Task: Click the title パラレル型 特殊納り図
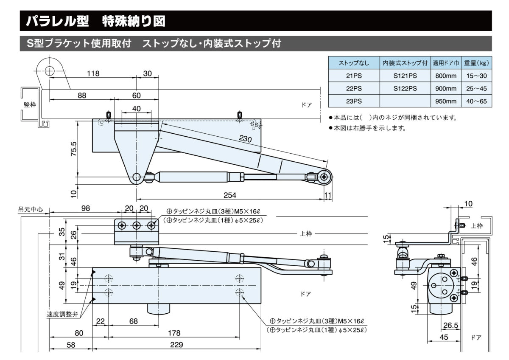96,21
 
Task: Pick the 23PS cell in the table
354,101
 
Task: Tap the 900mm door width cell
445,89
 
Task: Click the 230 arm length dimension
245,139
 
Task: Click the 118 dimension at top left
93,73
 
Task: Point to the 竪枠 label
30,104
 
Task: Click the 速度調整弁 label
62,315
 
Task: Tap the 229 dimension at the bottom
176,344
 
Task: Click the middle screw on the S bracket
137,225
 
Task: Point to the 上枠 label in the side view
476,226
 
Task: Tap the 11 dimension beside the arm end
327,195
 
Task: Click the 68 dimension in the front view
134,321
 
